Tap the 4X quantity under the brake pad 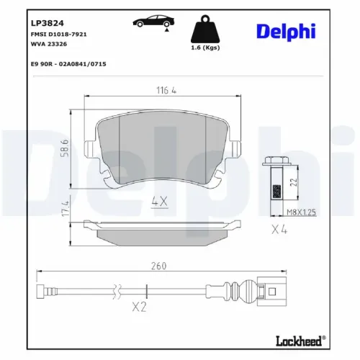point(159,202)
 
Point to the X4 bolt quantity point(280,231)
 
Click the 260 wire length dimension point(158,266)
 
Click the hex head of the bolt point(274,162)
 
